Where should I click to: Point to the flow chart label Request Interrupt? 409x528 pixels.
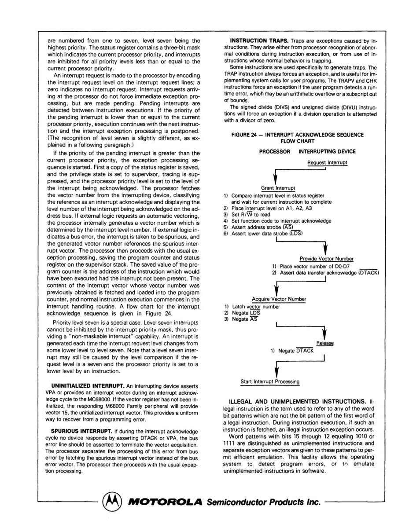pos(327,162)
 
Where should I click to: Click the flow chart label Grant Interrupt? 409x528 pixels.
pos(278,188)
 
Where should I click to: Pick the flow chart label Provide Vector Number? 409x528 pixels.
pos(327,259)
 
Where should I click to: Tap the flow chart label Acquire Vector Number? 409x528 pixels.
pos(279,299)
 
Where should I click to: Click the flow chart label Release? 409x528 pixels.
pos(325,343)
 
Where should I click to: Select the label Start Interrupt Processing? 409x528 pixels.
pos(270,381)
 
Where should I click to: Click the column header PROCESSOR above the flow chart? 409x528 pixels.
pos(275,151)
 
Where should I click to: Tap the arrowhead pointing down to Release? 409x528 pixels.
pos(324,334)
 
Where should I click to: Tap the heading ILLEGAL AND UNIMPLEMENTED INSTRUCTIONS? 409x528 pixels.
pos(298,402)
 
